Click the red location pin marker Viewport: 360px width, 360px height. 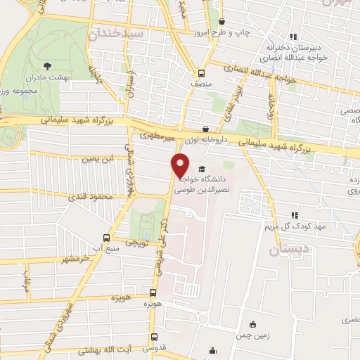[x=180, y=166]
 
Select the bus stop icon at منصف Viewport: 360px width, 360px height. [x=202, y=72]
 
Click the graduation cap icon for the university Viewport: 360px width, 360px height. [x=203, y=169]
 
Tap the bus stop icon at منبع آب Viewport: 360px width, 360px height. [x=106, y=238]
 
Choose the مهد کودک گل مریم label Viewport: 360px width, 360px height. [x=297, y=228]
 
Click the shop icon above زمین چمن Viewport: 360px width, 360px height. [x=252, y=324]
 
